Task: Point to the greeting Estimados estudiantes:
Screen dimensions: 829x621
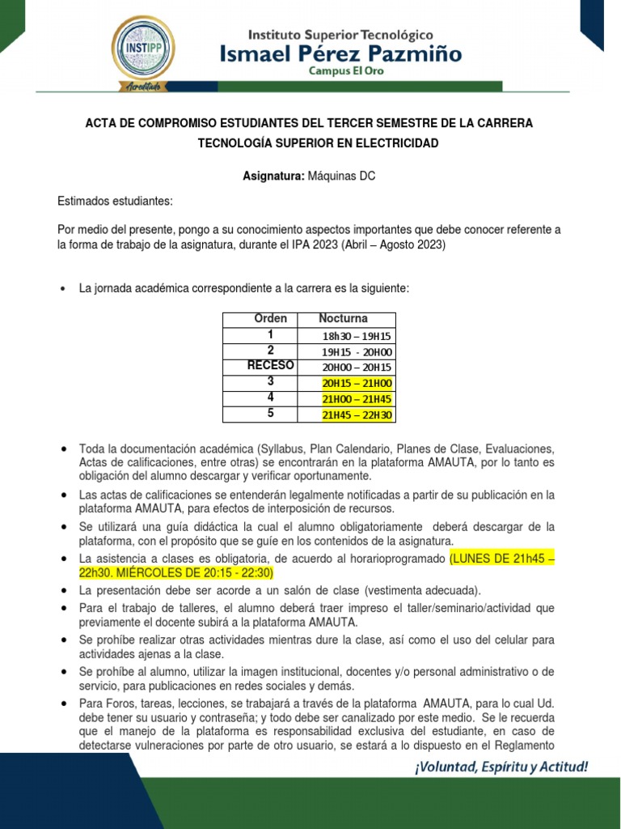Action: pyautogui.click(x=115, y=201)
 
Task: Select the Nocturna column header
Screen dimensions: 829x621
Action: pyautogui.click(x=343, y=319)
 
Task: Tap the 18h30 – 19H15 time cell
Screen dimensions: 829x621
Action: pyautogui.click(x=357, y=336)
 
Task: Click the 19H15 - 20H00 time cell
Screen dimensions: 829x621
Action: pyautogui.click(x=357, y=351)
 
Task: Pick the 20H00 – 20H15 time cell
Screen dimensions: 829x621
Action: pyautogui.click(x=357, y=367)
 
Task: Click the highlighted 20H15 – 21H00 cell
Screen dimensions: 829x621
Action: pyautogui.click(x=357, y=383)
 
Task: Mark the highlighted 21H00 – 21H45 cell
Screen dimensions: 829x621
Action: pyautogui.click(x=357, y=398)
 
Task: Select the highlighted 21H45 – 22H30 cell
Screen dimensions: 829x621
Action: pyautogui.click(x=357, y=414)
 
